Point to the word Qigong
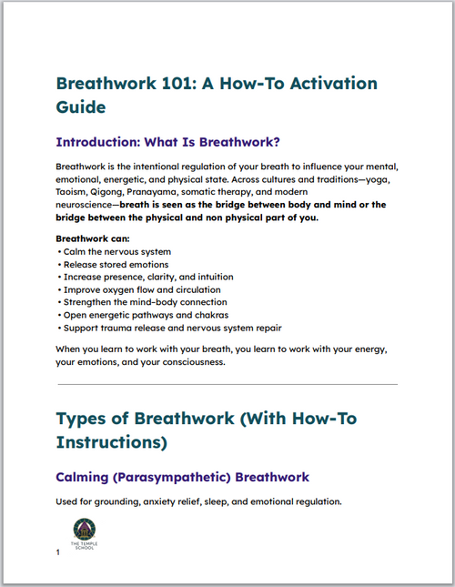click(x=124, y=193)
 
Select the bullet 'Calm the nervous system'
click(x=116, y=250)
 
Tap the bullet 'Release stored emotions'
click(x=116, y=263)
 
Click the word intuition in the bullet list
click(x=212, y=276)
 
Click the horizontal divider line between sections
click(x=227, y=384)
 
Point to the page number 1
click(x=58, y=552)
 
